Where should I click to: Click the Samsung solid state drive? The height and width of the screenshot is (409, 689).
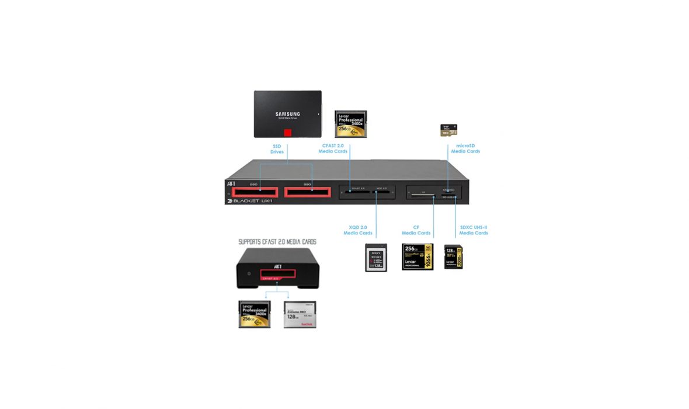point(287,114)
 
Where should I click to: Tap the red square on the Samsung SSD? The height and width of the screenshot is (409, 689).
point(287,133)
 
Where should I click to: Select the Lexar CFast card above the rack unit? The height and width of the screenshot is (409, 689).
point(350,124)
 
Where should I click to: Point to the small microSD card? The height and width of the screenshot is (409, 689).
point(448,131)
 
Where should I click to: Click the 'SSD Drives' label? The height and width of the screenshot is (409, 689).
point(277,149)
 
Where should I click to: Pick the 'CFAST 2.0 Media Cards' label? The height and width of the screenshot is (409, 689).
point(333,148)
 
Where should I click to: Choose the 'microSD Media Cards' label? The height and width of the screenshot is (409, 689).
point(465,148)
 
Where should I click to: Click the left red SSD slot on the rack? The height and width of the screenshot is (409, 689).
point(255,192)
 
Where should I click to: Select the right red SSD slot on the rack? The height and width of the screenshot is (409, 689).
point(307,192)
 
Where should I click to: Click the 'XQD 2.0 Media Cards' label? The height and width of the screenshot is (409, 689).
point(358,230)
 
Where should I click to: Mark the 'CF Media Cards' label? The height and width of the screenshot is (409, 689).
point(417,230)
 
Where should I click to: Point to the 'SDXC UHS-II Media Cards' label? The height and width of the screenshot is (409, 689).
point(474,230)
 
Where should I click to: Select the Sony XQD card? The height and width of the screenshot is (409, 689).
point(376,257)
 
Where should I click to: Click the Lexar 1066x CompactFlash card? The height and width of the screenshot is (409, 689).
point(417,257)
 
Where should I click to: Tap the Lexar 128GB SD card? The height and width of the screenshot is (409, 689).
point(454,257)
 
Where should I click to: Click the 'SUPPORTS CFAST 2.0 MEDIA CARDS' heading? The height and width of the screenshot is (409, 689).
point(277,241)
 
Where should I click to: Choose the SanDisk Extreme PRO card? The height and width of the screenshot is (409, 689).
point(300,314)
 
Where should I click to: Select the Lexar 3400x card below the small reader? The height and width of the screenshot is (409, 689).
point(255,314)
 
